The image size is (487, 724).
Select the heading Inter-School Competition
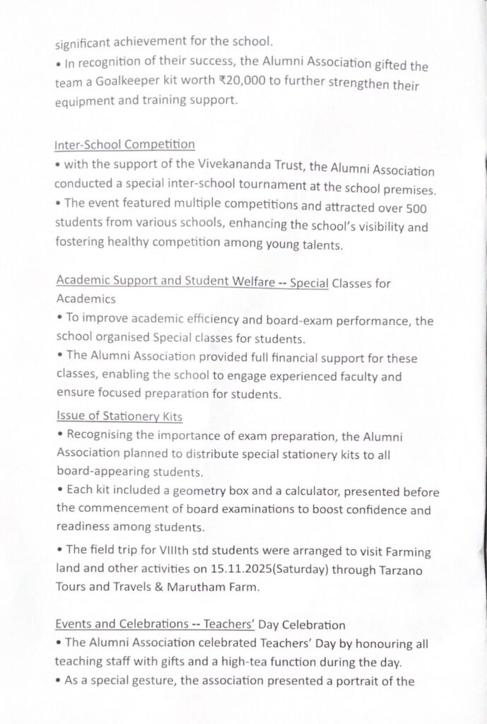coord(124,145)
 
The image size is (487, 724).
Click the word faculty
coord(350,378)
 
